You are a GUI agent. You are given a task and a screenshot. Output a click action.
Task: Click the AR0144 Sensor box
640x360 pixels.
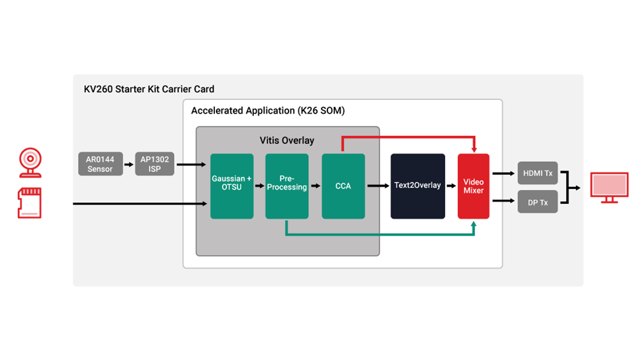(100, 164)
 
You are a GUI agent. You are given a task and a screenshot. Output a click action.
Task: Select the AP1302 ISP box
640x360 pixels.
(154, 164)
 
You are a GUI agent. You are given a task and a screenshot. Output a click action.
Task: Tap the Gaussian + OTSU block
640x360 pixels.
(231, 186)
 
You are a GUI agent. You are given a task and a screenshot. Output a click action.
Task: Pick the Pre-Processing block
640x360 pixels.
(287, 186)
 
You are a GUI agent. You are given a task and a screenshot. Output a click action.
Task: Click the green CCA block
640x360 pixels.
(343, 186)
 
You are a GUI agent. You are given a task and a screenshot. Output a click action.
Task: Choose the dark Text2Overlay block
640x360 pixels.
(418, 186)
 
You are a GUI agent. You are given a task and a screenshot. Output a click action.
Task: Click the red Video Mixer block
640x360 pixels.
(474, 186)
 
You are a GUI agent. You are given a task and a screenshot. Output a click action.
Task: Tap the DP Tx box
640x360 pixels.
(538, 202)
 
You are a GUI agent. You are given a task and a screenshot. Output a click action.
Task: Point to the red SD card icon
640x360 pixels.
(29, 203)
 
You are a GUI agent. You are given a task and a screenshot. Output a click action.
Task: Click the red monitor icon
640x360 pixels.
(609, 188)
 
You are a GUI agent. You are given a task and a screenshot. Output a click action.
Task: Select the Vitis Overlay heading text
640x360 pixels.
(287, 141)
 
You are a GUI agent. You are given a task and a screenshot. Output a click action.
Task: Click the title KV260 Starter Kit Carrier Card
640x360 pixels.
(149, 89)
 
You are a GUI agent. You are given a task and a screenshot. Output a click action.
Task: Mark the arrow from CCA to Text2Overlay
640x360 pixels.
(378, 186)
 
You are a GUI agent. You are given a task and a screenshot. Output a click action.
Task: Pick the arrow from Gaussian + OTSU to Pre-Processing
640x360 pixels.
(259, 186)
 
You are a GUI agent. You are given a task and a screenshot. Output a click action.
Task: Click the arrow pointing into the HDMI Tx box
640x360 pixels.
(503, 173)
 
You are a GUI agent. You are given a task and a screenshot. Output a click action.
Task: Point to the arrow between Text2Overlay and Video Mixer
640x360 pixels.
(451, 186)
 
